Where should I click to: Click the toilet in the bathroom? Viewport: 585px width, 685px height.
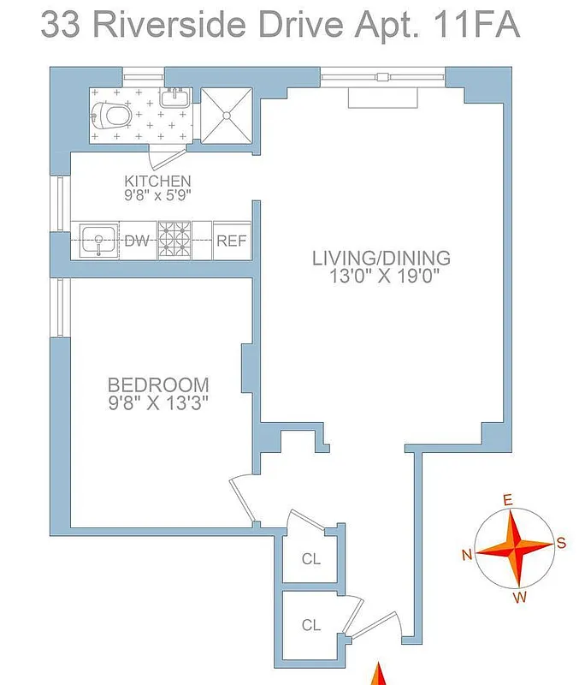point(112,114)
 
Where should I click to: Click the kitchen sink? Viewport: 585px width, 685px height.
point(98,240)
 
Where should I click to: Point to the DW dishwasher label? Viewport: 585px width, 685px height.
point(137,241)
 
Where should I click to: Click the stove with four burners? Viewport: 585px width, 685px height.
point(174,240)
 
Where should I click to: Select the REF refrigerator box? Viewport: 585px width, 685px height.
point(231,241)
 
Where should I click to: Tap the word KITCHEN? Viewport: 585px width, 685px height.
point(157,181)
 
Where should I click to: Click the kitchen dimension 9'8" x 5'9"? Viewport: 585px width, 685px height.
point(157,195)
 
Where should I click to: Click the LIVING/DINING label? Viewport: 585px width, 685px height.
point(381,258)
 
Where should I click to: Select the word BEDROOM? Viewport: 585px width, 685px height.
point(158,384)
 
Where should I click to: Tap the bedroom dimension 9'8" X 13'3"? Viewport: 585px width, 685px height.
point(158,402)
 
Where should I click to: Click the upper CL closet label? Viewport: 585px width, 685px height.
point(311,559)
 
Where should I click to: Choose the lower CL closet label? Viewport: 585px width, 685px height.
point(311,625)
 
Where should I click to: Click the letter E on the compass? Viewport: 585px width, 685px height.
point(506,500)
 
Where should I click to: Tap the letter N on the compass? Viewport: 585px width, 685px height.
point(467,555)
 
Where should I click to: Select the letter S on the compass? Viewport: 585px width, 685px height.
point(561,541)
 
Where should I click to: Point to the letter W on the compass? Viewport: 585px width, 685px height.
point(519,598)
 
